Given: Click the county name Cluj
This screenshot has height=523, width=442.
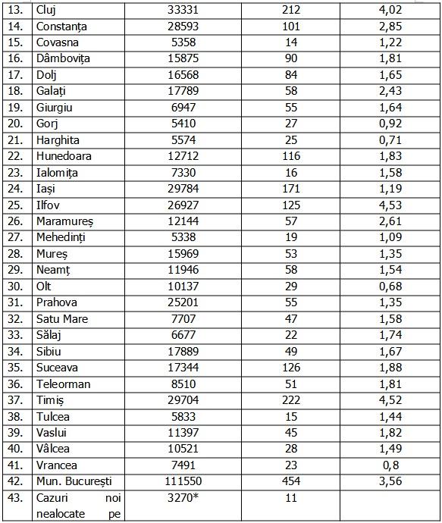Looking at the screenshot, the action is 47,10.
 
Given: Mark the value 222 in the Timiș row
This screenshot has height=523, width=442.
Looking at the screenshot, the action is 290,400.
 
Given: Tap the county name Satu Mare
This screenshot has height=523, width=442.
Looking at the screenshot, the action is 62,319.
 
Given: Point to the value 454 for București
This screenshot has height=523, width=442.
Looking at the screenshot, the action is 290,481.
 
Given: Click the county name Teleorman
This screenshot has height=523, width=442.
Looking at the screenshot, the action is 63,384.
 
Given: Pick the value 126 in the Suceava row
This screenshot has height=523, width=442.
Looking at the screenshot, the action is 290,368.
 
